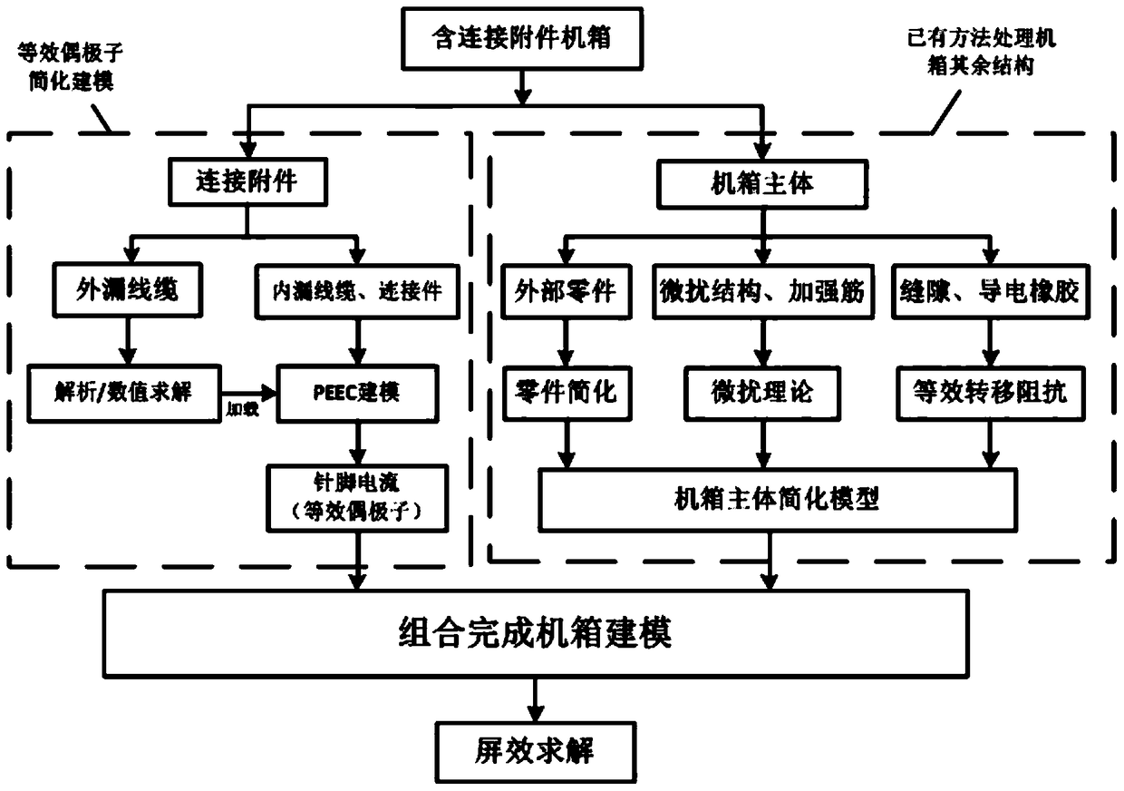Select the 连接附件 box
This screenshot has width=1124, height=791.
point(247,181)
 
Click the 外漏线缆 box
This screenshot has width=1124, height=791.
point(127,290)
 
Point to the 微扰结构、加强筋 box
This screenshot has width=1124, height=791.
point(763,290)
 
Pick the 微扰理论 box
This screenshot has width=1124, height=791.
point(763,393)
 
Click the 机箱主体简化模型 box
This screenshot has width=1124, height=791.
point(776,498)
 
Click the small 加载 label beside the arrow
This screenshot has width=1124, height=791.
point(238,410)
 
